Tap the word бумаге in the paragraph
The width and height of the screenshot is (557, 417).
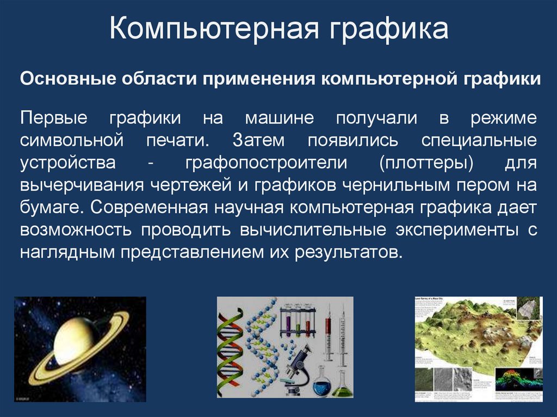click(51, 207)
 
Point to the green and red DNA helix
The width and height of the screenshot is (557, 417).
click(229, 348)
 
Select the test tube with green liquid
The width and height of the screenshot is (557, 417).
click(298, 328)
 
